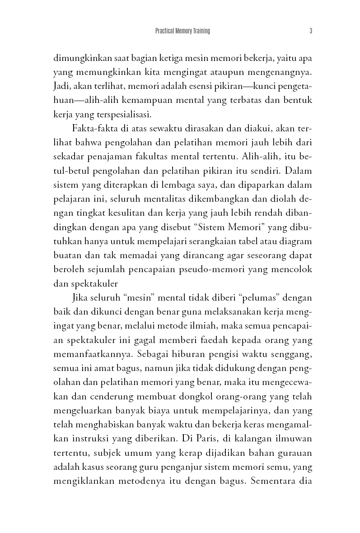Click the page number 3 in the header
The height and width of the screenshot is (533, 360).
311,31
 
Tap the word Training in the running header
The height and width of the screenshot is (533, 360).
200,31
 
